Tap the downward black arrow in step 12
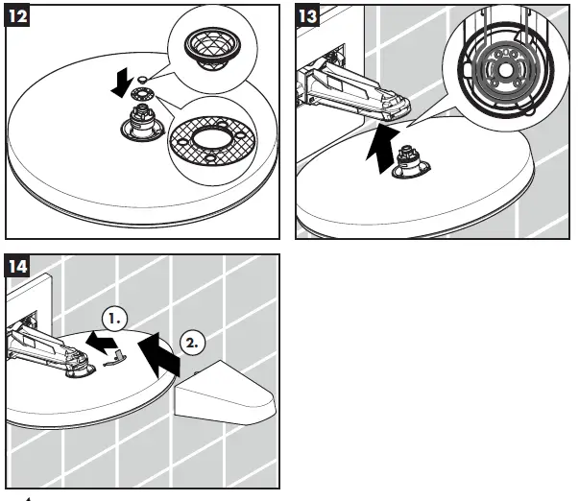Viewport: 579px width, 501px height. click(x=121, y=86)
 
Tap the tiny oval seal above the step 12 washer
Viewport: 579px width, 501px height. click(x=142, y=78)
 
